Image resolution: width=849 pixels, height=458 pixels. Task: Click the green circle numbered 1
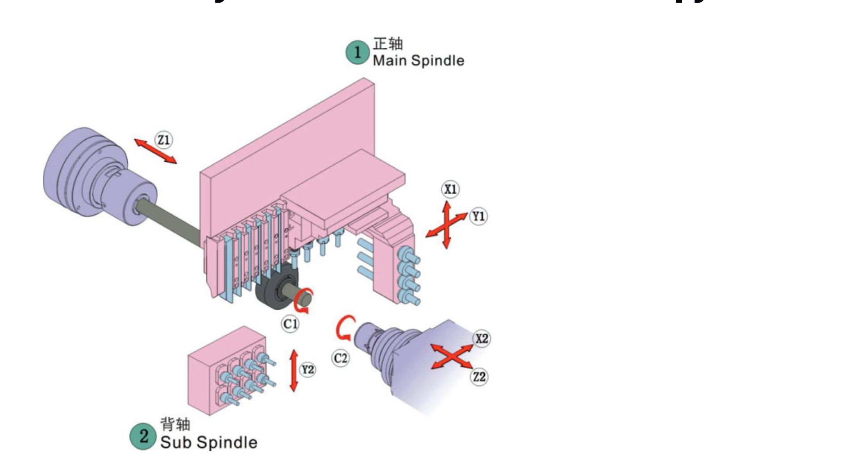358,53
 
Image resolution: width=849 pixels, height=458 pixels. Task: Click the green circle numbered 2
143,436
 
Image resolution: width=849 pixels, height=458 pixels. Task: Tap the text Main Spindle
418,61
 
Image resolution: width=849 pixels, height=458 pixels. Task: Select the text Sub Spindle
208,442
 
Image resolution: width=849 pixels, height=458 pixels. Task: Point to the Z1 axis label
164,140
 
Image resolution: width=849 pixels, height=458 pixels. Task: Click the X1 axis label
450,189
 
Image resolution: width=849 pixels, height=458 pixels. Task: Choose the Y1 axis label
479,217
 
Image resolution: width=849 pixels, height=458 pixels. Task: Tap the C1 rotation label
290,324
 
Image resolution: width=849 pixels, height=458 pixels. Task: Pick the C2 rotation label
341,358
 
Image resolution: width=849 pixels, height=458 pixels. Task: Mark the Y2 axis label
308,370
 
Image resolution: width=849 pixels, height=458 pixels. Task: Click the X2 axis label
482,338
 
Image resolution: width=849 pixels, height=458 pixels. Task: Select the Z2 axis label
479,377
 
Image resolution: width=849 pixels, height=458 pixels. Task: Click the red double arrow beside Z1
155,151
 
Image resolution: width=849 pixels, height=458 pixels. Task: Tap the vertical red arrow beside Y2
294,371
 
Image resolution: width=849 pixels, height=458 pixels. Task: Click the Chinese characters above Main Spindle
388,44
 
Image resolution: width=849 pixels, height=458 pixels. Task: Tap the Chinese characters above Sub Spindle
175,424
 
